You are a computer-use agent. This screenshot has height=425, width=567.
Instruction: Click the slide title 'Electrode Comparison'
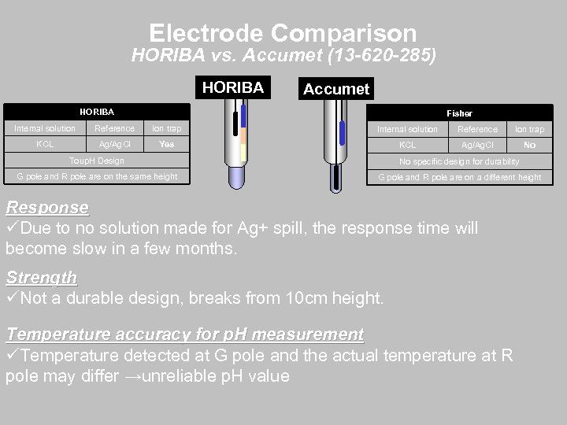pyautogui.click(x=283, y=32)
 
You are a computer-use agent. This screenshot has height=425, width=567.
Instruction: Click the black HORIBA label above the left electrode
pyautogui.click(x=232, y=87)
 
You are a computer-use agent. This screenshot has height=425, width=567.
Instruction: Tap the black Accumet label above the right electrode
pyautogui.click(x=336, y=89)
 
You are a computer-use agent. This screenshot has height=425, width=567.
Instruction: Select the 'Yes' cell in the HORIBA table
pyautogui.click(x=166, y=144)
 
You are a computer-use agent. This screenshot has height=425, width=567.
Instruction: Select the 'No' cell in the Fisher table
pyautogui.click(x=529, y=146)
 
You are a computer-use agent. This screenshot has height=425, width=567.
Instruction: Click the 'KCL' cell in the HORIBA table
pyautogui.click(x=45, y=144)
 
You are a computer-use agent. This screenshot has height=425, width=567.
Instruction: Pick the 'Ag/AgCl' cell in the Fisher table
pyautogui.click(x=478, y=146)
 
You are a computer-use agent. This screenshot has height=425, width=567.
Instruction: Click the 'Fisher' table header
pyautogui.click(x=459, y=113)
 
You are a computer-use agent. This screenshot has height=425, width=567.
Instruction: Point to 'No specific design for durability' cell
pyautogui.click(x=459, y=161)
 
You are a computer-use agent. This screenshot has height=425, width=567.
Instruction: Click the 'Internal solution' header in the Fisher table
pyautogui.click(x=407, y=129)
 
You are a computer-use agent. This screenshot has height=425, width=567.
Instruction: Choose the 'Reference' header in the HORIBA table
pyautogui.click(x=114, y=128)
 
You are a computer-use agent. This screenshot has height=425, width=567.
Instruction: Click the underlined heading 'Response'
pyautogui.click(x=46, y=208)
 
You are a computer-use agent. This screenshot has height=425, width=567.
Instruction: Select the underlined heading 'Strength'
pyautogui.click(x=41, y=278)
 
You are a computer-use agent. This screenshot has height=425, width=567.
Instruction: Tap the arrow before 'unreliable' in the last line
pyautogui.click(x=137, y=376)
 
